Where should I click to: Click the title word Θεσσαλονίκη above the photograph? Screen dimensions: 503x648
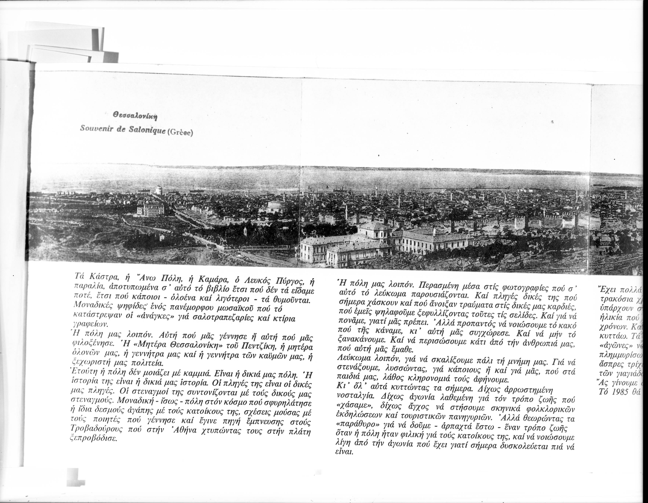(135, 115)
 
